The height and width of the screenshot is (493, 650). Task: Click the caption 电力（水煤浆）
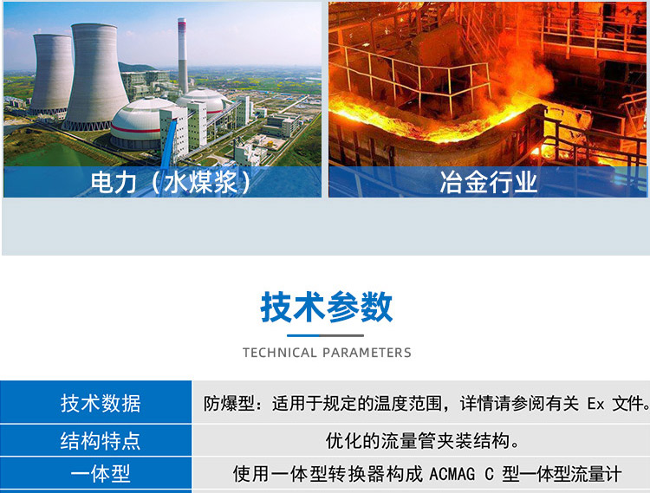(x=171, y=183)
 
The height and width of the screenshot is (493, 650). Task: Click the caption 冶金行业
(x=489, y=183)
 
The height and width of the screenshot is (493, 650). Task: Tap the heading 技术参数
(x=327, y=308)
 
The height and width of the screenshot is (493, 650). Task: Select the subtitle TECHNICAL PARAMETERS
(x=327, y=353)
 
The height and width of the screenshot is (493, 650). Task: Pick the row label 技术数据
(x=100, y=403)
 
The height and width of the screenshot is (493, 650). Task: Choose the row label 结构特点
(x=100, y=441)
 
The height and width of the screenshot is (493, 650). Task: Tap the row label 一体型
(x=100, y=474)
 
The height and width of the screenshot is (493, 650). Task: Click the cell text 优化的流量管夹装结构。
(x=423, y=441)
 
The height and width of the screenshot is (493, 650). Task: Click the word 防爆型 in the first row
(x=224, y=403)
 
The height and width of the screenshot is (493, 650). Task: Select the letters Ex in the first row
(x=595, y=403)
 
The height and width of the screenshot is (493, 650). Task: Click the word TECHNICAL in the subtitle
(x=280, y=353)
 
